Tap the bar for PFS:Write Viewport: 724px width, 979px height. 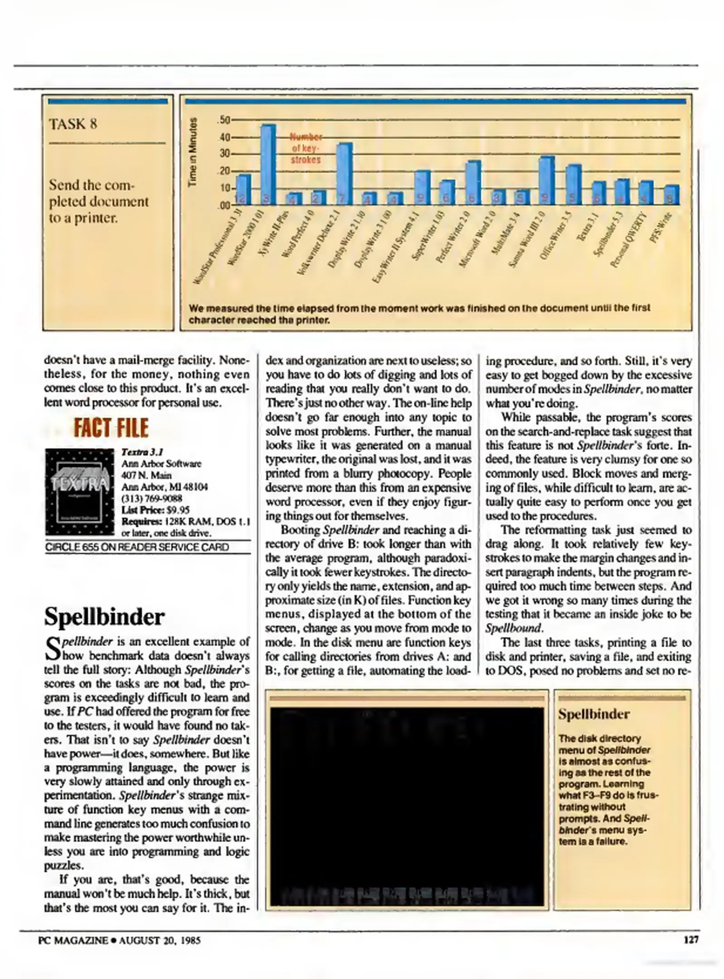[671, 195]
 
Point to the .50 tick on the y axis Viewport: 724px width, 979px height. [224, 120]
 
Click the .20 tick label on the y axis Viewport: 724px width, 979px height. [224, 171]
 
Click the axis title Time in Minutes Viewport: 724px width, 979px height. [194, 152]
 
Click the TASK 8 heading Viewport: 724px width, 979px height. [73, 124]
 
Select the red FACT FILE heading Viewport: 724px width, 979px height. [111, 428]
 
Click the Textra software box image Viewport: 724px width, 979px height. [79, 492]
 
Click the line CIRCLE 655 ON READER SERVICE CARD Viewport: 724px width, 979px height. [137, 547]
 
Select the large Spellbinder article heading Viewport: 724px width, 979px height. [104, 617]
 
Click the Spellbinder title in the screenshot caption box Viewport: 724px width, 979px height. [594, 715]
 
